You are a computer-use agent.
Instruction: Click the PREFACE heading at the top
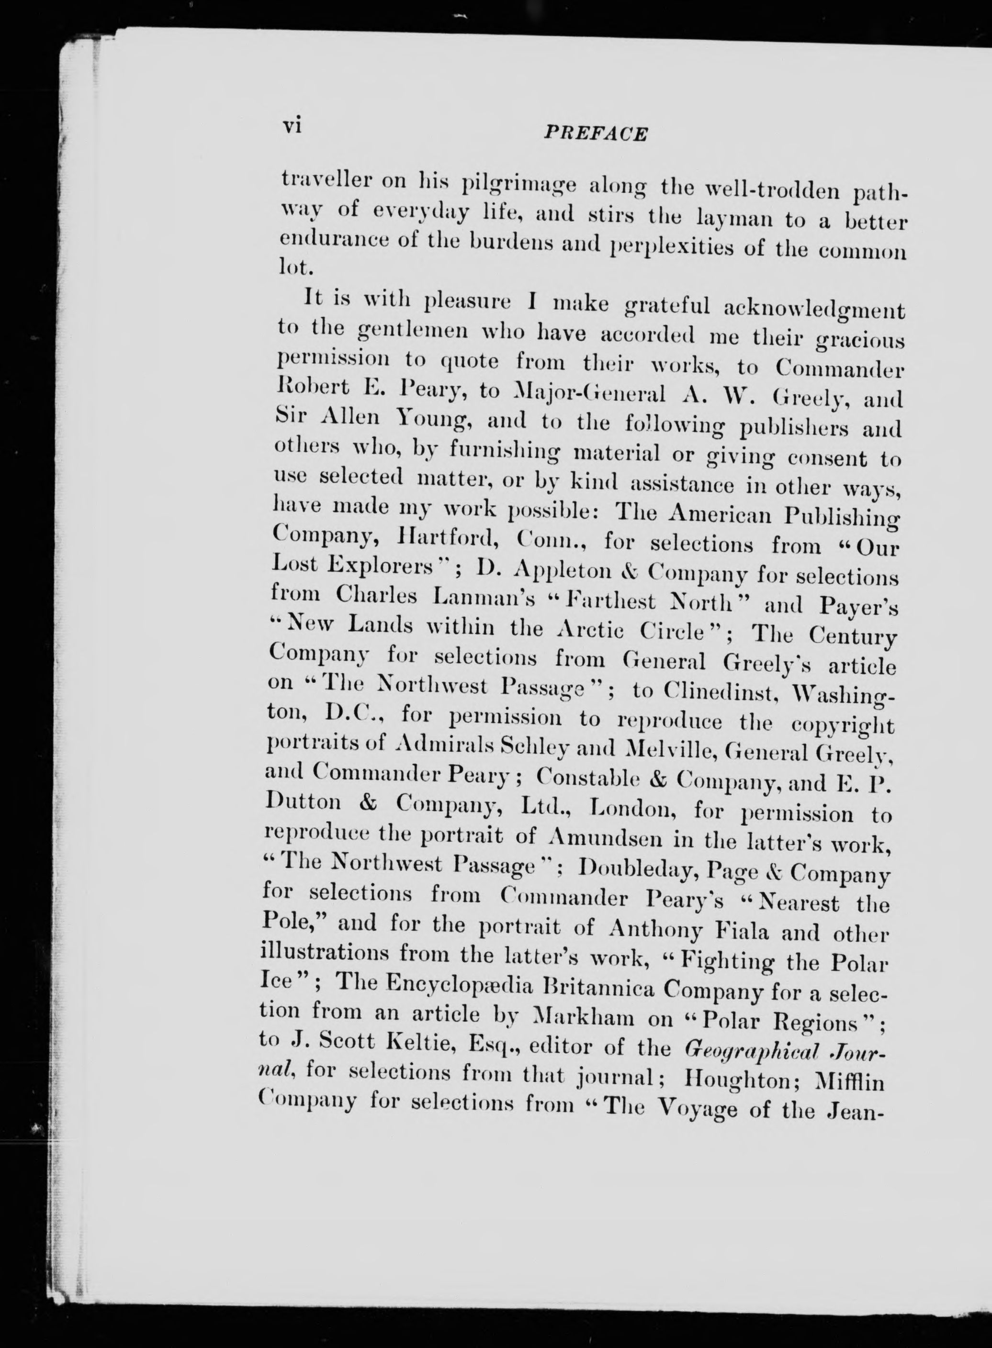click(595, 133)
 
